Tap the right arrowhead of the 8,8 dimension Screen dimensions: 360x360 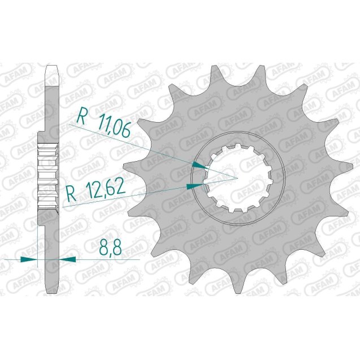pyautogui.click(x=67, y=259)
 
